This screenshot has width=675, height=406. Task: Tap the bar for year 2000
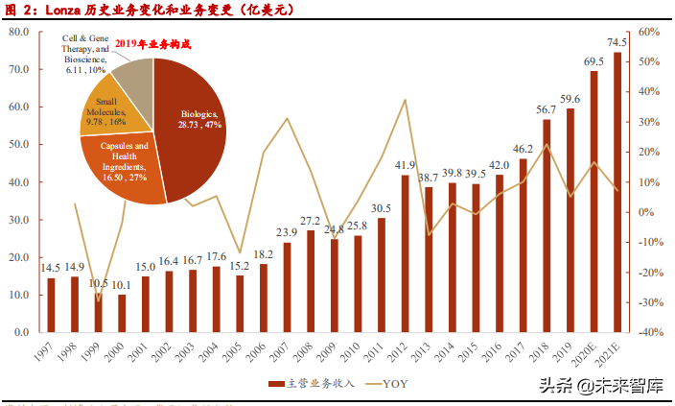pos(123,313)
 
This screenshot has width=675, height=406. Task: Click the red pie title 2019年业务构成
pos(152,43)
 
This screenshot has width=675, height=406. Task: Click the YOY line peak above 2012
pos(405,100)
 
